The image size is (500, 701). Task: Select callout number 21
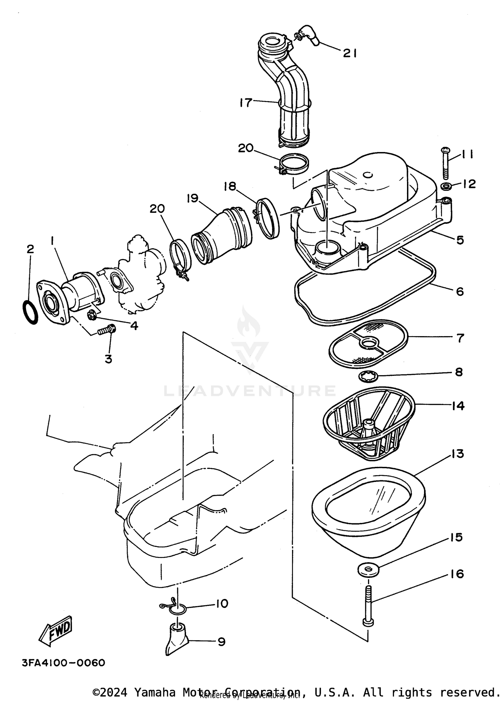[x=350, y=53]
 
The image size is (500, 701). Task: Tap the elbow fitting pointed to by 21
[x=310, y=34]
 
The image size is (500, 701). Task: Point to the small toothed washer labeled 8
[x=368, y=377]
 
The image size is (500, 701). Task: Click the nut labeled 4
[x=92, y=315]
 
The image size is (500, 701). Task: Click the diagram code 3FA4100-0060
[x=63, y=663]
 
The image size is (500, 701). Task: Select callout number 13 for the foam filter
[x=458, y=454]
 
